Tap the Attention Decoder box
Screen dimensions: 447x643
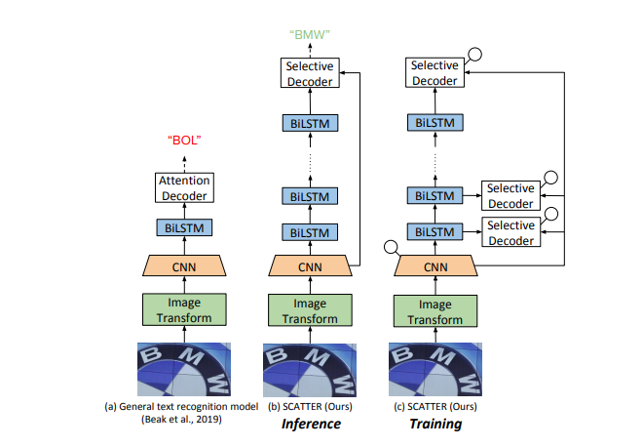coord(184,189)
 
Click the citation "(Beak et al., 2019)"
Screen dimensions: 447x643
coord(184,418)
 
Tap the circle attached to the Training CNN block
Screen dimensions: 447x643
coord(393,248)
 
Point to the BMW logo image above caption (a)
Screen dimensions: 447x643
coord(184,370)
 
